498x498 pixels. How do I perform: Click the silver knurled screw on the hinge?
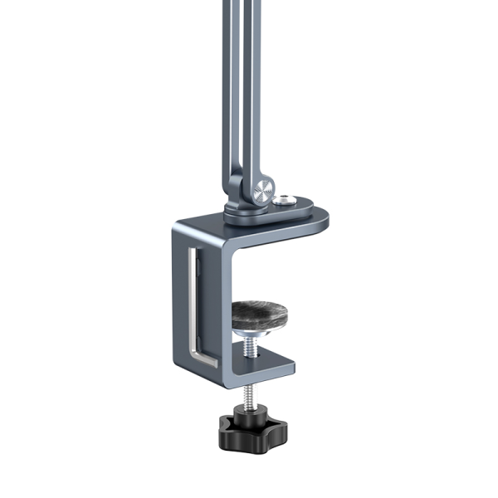tap(263, 189)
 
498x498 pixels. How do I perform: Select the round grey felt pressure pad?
tap(259, 313)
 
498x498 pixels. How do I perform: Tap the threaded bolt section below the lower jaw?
tap(248, 394)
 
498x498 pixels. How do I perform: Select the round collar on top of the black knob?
tap(249, 413)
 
